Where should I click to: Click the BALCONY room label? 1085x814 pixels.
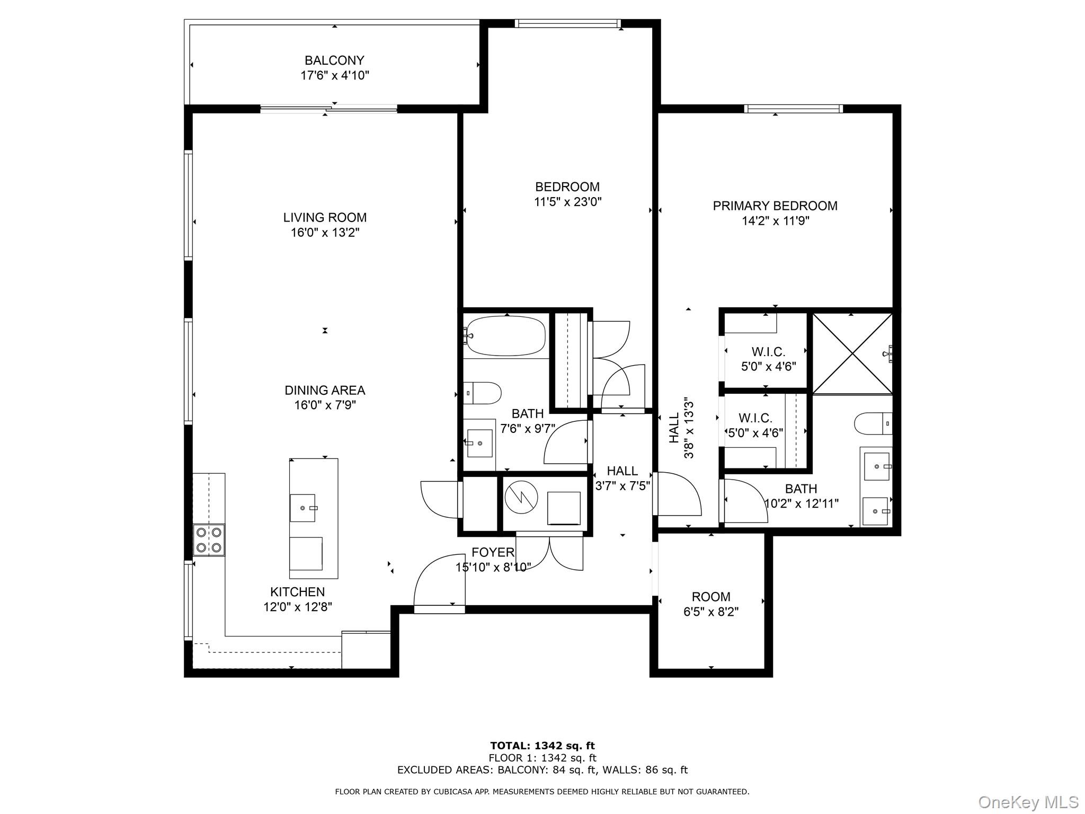coord(334,60)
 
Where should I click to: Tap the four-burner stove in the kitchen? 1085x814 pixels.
coord(209,539)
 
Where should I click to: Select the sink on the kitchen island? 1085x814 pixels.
coord(303,508)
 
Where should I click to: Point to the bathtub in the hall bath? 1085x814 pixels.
coord(505,335)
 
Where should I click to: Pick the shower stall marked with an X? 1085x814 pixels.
coord(852,353)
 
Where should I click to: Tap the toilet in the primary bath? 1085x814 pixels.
coord(873,423)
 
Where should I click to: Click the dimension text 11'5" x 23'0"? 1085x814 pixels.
coord(567,202)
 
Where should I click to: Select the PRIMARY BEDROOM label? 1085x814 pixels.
coord(775,206)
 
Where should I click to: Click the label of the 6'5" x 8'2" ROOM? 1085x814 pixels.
coord(710,597)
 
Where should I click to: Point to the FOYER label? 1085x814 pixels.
coord(493,552)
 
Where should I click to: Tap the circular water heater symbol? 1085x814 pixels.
coord(521,497)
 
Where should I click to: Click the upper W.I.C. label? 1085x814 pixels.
coord(768,352)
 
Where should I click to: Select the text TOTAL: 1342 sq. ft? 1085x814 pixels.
coord(542,746)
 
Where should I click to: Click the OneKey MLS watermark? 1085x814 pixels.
coord(1028,802)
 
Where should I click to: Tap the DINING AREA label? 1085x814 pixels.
coord(325,390)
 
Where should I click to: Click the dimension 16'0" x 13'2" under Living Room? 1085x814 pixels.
coord(325,232)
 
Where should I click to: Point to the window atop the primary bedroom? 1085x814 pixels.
coord(793,109)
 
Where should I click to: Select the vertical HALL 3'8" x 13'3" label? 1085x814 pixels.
coord(681,428)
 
